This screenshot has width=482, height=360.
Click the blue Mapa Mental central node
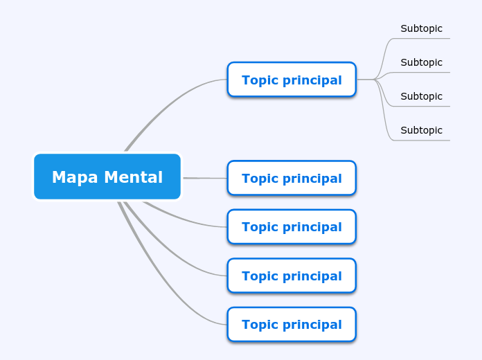[x=107, y=177]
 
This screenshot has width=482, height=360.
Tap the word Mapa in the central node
[x=73, y=177]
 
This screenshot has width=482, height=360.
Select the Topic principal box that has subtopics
[x=292, y=80]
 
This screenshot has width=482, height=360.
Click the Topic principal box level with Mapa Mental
[x=292, y=178]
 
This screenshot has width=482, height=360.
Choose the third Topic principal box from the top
[x=292, y=226]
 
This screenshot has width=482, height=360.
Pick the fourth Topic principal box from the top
[x=292, y=276]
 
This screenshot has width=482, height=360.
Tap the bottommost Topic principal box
[x=292, y=324]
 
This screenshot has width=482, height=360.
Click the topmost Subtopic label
[x=421, y=28]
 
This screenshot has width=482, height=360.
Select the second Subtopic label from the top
[x=421, y=62]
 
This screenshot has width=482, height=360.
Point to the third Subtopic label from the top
[x=421, y=96]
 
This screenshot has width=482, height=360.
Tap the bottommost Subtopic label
[x=421, y=130]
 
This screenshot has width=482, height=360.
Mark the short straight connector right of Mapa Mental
[x=204, y=178]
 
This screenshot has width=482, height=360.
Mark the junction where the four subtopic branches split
[x=375, y=80]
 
